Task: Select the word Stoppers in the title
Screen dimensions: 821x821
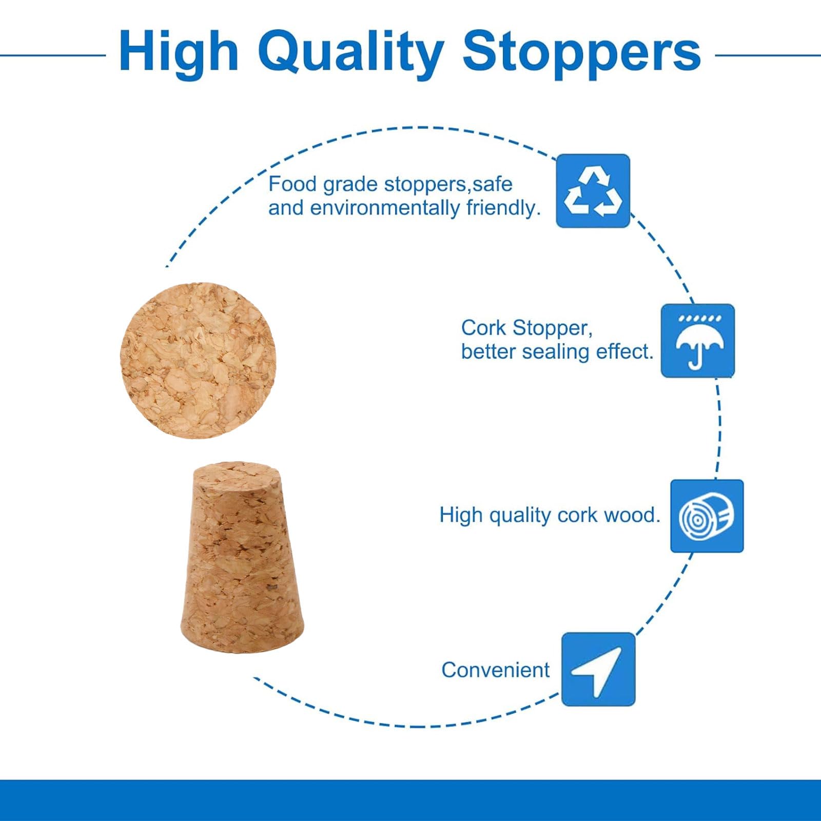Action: tap(582, 53)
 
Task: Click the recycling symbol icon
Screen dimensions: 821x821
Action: tap(593, 191)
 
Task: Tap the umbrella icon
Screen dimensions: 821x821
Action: tap(698, 341)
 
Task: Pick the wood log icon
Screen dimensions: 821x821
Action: tap(707, 516)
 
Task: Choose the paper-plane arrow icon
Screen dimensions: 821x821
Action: tap(598, 669)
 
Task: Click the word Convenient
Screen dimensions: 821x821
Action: tap(495, 670)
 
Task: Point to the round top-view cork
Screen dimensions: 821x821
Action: tap(198, 360)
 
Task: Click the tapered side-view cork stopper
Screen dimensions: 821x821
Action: tap(242, 558)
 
